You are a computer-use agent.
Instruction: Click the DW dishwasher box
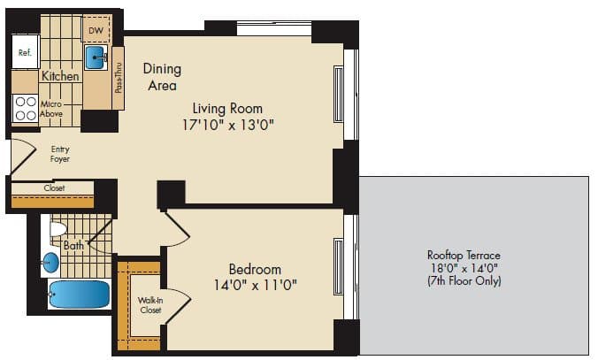[x=96, y=32]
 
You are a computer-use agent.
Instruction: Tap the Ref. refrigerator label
[x=25, y=53]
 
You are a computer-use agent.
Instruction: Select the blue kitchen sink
[x=96, y=58]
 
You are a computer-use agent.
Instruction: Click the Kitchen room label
[x=60, y=77]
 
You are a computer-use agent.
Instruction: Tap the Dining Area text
[x=162, y=77]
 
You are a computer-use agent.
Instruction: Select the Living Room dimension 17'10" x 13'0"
[x=234, y=125]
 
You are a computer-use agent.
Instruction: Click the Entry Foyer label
[x=59, y=154]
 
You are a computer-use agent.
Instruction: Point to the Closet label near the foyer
[x=54, y=188]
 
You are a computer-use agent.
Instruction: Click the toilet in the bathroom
[x=57, y=231]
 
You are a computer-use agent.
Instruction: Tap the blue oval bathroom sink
[x=51, y=263]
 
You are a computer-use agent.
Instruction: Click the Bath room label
[x=73, y=245]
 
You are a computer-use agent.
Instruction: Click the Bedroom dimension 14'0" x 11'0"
[x=255, y=285]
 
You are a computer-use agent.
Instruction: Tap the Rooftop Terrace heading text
[x=464, y=255]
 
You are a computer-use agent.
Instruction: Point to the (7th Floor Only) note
[x=464, y=281]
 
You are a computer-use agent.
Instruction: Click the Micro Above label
[x=51, y=110]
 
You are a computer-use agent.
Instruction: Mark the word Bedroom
[x=255, y=269]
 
